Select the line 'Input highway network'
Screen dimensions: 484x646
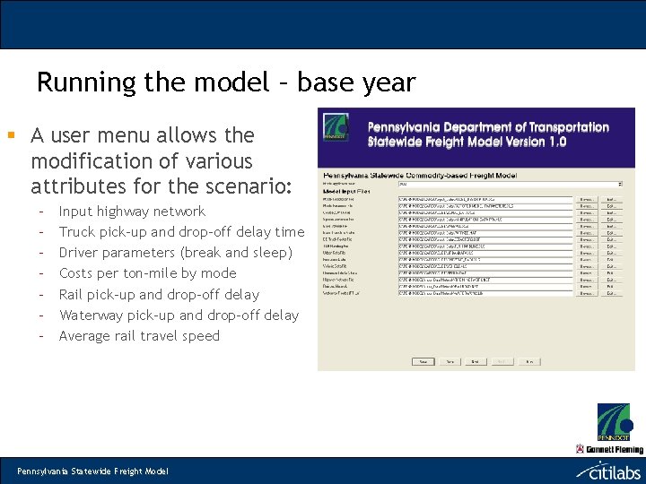132,212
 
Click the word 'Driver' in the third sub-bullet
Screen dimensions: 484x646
80,253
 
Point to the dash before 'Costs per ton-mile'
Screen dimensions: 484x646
41,273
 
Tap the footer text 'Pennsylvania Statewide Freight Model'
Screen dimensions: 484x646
93,471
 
